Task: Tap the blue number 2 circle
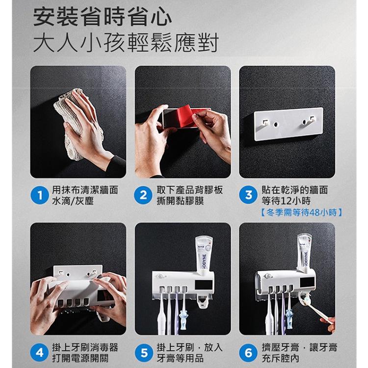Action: [x=143, y=195]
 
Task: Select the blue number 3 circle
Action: [x=248, y=195]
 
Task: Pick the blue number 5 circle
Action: [x=143, y=353]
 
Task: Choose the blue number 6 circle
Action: [x=248, y=353]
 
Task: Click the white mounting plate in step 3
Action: [x=288, y=124]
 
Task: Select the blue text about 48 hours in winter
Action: [x=299, y=212]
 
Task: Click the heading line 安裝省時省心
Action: [x=103, y=18]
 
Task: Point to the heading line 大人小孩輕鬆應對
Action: [x=125, y=43]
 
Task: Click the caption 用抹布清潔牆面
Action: [x=85, y=190]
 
